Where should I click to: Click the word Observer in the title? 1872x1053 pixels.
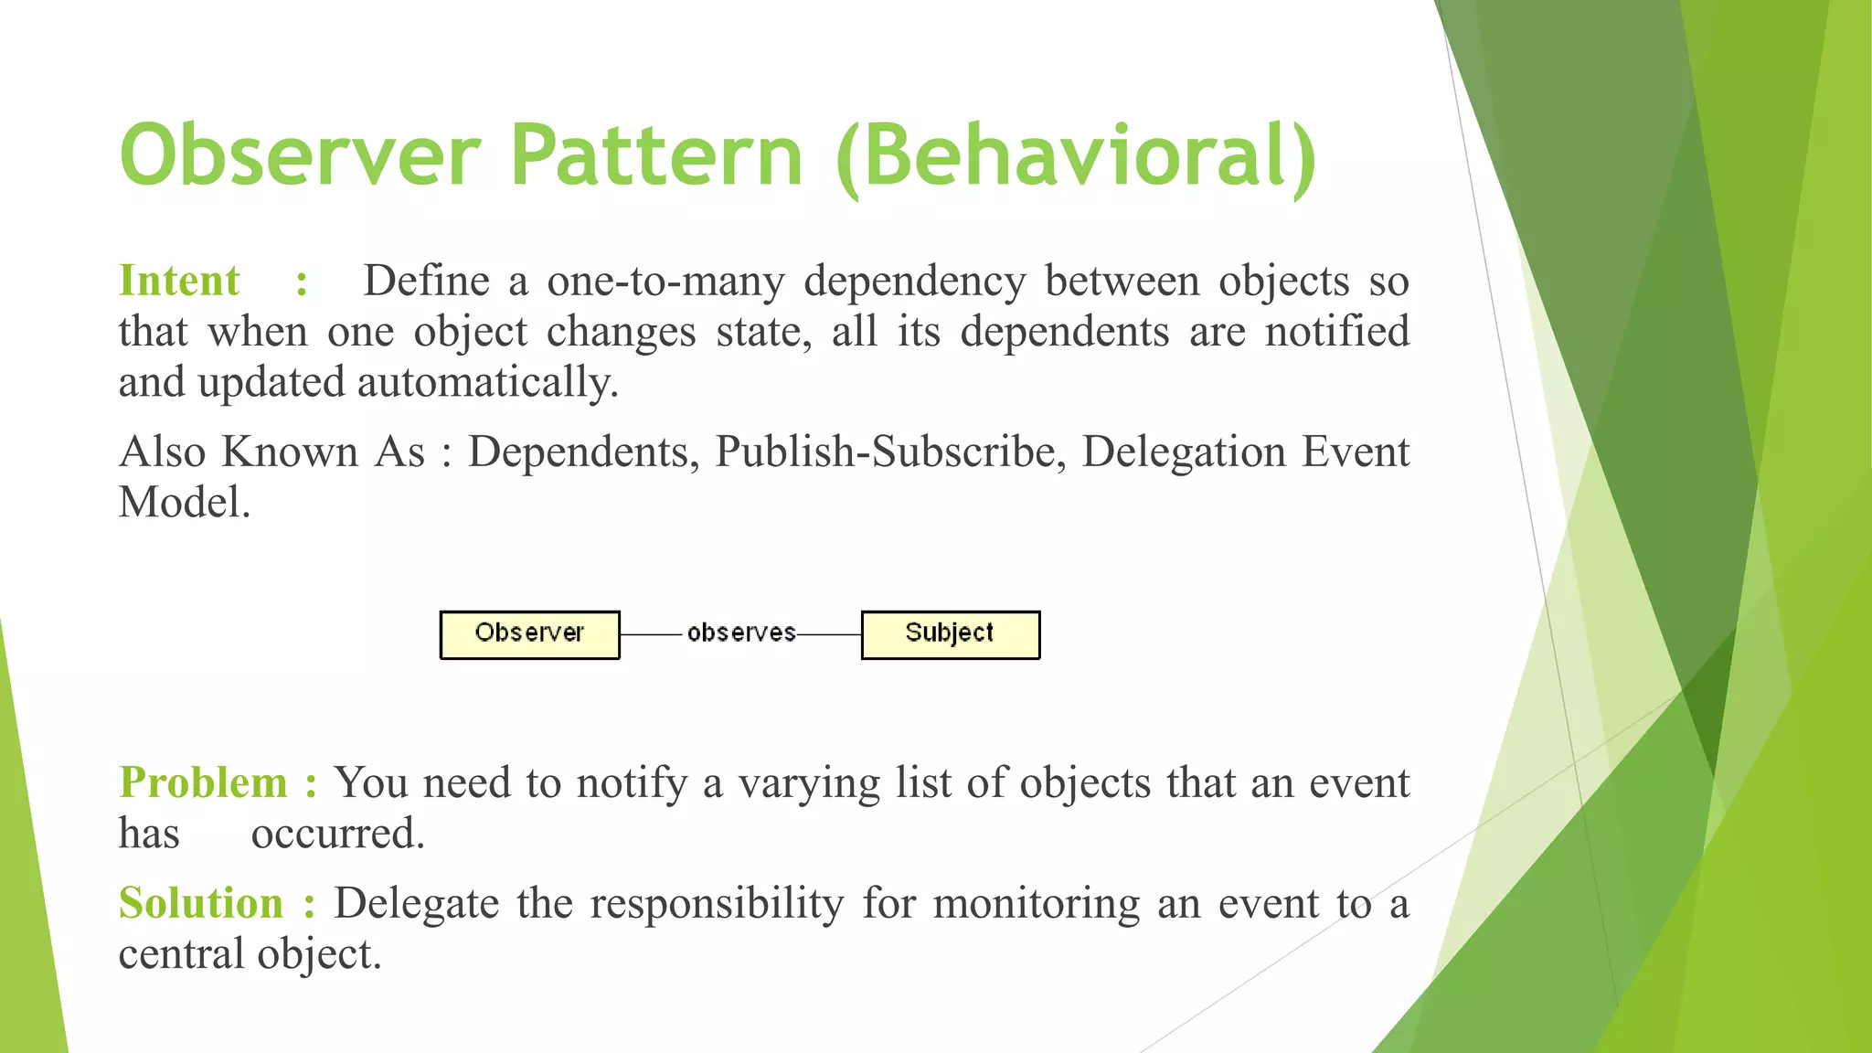[x=299, y=155]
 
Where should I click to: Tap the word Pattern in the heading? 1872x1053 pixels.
[x=656, y=155]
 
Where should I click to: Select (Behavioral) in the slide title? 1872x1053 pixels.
[x=1076, y=157]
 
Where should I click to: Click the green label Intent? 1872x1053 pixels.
[x=179, y=281]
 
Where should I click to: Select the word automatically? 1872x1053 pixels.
[x=487, y=382]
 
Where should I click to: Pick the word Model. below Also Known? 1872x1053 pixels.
[x=184, y=502]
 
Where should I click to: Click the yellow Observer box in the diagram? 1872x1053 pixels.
[x=529, y=634]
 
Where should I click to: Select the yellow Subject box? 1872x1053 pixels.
[x=950, y=634]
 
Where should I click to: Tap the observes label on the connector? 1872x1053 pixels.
[x=740, y=633]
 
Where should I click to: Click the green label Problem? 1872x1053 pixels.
[x=203, y=783]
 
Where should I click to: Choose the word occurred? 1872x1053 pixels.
[x=337, y=834]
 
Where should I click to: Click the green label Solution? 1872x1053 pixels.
[x=201, y=903]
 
